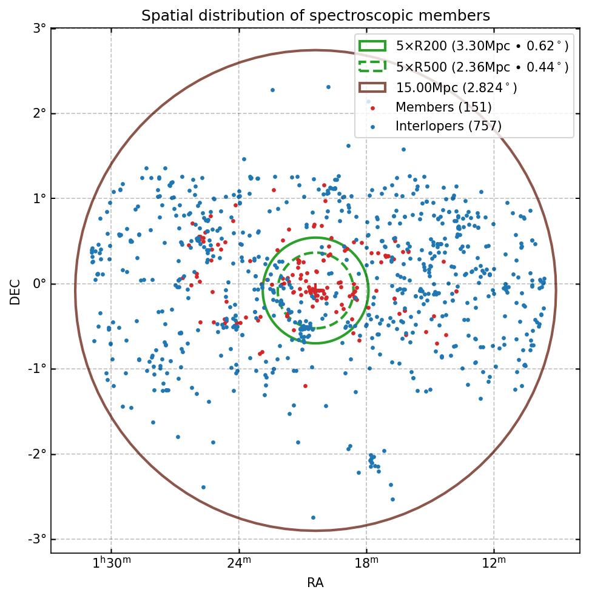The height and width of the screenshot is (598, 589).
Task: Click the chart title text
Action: point(315,16)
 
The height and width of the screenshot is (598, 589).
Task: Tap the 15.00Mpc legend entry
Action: point(456,87)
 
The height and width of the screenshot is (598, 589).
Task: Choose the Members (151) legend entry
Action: point(443,107)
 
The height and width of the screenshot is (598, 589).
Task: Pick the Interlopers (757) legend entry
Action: point(448,127)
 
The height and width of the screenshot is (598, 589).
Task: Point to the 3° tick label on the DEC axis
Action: point(39,29)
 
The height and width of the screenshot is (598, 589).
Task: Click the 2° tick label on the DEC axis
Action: point(39,113)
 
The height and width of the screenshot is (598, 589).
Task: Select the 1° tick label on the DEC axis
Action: point(39,199)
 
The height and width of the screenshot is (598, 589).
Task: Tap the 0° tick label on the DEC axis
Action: point(39,284)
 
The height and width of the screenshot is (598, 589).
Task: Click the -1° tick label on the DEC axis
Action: point(38,369)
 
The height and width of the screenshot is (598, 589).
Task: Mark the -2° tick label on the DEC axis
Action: point(38,454)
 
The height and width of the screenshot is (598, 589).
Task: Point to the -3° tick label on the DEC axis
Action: point(38,539)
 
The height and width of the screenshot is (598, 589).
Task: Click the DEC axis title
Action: point(15,291)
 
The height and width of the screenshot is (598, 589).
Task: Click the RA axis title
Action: point(315,583)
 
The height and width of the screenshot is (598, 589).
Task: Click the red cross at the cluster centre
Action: point(315,291)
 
